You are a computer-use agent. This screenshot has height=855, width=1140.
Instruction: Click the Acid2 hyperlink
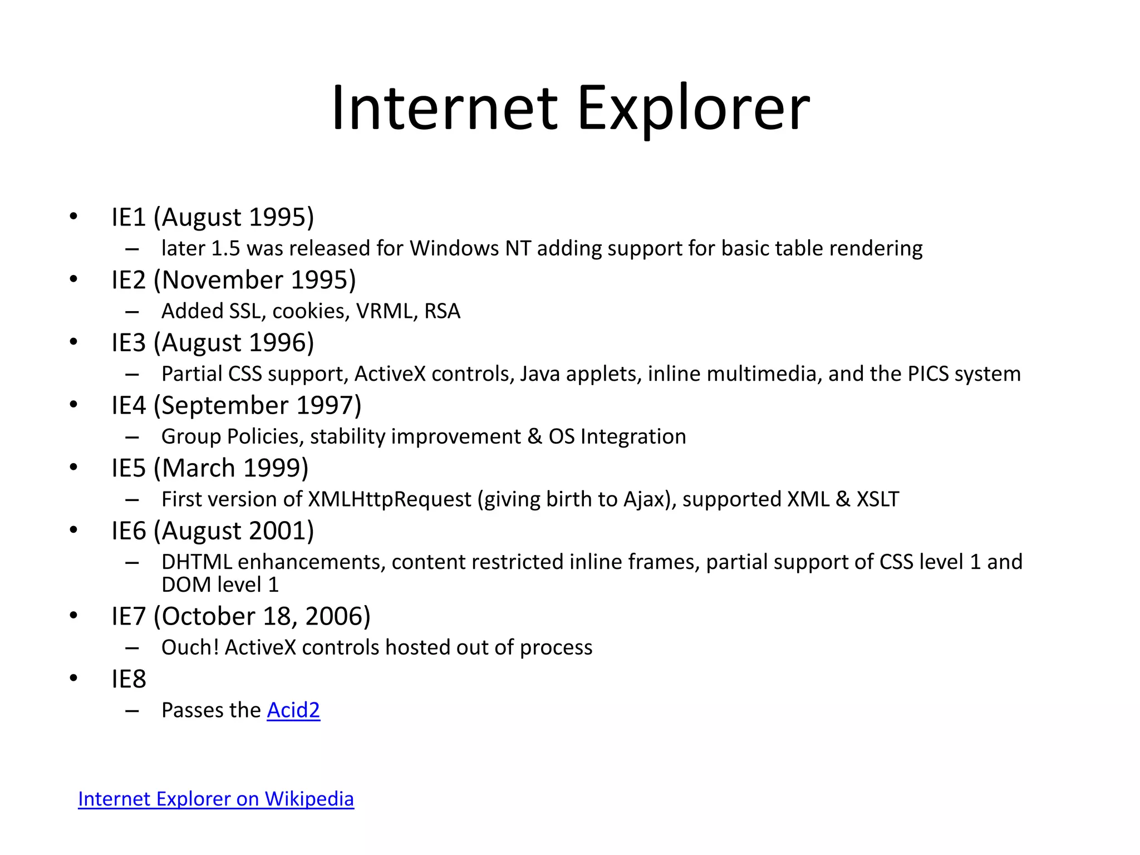293,710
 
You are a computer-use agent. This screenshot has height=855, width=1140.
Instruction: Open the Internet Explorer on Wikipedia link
216,799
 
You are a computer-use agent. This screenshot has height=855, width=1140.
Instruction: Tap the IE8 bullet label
129,679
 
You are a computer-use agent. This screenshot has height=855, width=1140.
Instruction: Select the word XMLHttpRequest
390,499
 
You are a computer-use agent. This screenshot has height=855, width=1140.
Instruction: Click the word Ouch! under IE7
190,647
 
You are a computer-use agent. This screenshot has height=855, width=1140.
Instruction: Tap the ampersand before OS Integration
534,436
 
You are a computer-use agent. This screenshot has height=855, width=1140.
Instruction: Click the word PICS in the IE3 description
928,374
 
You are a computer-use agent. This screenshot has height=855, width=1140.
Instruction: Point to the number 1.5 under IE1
225,248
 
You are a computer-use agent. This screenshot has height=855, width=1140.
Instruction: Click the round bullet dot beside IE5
73,468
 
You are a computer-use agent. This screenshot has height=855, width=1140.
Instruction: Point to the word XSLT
877,499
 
